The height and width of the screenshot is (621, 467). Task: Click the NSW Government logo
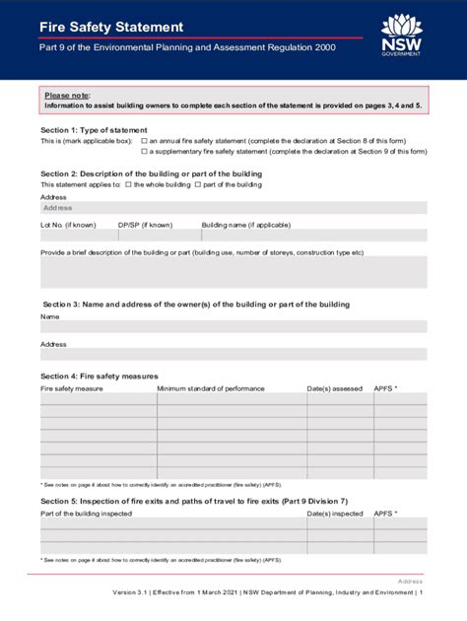point(401,35)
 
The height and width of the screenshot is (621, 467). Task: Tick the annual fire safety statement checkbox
point(144,141)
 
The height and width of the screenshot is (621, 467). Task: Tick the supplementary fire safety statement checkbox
point(144,152)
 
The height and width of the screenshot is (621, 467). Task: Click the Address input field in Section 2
point(233,208)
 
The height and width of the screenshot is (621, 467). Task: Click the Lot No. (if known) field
point(77,236)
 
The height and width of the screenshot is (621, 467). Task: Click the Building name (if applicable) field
point(313,236)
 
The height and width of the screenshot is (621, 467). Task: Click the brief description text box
point(233,272)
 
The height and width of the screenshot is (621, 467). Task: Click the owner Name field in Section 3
point(233,329)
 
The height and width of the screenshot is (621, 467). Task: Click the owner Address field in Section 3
point(233,355)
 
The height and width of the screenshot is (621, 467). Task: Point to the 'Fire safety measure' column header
point(71,388)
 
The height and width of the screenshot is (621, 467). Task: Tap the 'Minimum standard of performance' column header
point(211,388)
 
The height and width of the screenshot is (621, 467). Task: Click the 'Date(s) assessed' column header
point(334,388)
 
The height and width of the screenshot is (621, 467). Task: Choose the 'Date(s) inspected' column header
point(335,514)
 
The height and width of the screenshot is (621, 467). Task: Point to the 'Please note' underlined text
point(67,95)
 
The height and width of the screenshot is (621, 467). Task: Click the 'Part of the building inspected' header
point(86,514)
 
